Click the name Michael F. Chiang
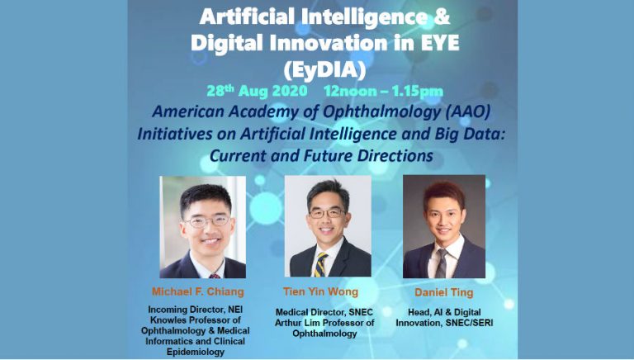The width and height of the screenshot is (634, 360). tap(198, 292)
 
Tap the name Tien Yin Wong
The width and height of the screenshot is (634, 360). tap(320, 291)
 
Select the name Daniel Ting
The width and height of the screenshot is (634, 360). tap(443, 292)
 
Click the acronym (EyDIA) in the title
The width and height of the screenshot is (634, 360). tap(324, 69)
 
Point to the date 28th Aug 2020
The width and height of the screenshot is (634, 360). tap(258, 91)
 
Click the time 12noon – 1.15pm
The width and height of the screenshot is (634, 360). tap(383, 92)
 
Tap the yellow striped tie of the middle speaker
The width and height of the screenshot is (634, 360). tap(320, 265)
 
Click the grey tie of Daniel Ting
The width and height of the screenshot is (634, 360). tap(442, 263)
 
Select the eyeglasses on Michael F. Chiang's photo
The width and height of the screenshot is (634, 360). tap(207, 221)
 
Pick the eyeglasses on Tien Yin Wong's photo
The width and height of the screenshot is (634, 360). tap(327, 213)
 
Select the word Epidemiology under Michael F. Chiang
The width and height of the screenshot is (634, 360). tap(196, 352)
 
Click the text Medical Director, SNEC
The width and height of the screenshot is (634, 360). tap(324, 312)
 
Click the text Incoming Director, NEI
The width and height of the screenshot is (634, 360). tap(196, 310)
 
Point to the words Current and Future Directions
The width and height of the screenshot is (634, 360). tap(321, 156)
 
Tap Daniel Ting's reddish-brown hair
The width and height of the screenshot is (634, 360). tap(444, 192)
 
